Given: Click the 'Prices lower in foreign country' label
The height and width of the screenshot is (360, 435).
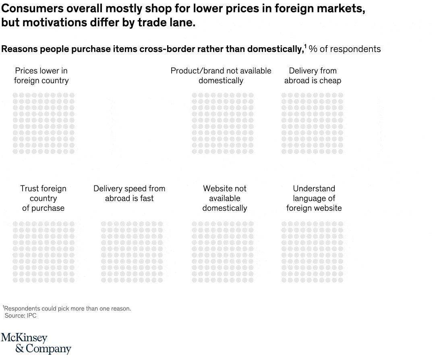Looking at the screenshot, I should point(41,76).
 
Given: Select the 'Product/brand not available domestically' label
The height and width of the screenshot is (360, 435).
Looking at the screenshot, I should point(221,76).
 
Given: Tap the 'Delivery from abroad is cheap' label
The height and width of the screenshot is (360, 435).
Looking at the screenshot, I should point(313,76).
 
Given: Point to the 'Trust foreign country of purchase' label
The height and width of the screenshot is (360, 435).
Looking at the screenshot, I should point(43,198).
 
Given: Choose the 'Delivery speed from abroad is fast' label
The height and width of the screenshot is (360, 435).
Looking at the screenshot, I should point(129,194).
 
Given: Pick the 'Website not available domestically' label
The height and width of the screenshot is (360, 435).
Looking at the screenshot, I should point(224,198).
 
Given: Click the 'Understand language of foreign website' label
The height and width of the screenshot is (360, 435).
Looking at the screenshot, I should point(314,198).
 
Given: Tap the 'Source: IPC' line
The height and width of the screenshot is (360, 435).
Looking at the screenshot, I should point(21,316).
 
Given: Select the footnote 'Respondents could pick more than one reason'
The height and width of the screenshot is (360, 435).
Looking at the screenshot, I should point(67,308).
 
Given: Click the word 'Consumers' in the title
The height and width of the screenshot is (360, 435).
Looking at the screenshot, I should point(27,9).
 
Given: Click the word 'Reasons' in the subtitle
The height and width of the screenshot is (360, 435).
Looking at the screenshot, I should point(18,49).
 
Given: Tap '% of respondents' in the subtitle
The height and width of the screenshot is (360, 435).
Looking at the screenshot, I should point(344,49).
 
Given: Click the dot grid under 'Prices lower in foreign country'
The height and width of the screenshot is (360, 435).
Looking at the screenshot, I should point(43,123).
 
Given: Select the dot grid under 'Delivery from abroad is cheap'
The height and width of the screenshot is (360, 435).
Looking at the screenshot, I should point(312,123).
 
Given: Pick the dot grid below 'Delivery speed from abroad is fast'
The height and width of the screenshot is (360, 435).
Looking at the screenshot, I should point(132,252).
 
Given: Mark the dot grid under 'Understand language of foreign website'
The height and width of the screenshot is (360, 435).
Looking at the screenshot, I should point(312,252).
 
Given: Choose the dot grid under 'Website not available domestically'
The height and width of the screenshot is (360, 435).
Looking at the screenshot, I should point(222,252).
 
